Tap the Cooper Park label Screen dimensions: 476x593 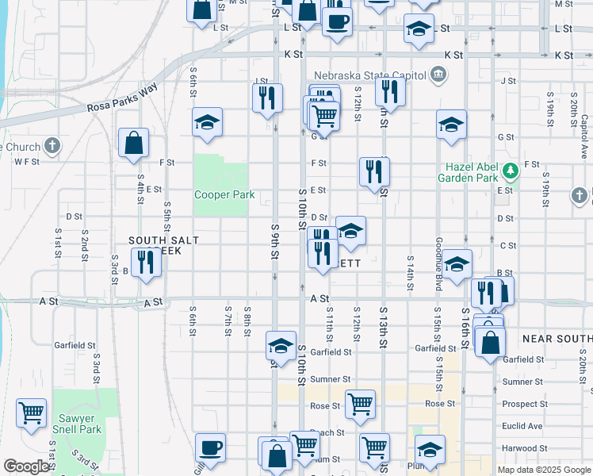[x=224, y=194]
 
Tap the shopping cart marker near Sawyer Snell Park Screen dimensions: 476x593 [x=31, y=413]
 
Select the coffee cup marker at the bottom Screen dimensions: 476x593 [x=211, y=447]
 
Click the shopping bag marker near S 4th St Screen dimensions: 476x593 [x=134, y=143]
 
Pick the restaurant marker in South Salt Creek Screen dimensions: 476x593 [x=145, y=261]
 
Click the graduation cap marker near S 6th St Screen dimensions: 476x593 [x=207, y=122]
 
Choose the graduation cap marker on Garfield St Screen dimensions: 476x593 [x=280, y=345]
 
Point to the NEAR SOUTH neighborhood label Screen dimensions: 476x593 [x=557, y=339]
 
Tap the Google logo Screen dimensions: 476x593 [x=26, y=466]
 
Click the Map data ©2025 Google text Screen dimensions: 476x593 [x=543, y=470]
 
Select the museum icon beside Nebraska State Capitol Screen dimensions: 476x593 [x=438, y=75]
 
